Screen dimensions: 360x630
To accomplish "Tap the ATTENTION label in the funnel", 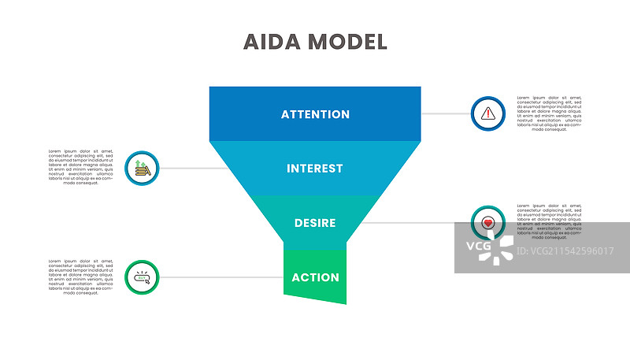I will click(315, 114).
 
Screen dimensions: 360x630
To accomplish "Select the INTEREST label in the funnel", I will click(315, 169).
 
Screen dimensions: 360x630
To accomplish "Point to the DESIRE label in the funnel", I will click(315, 223).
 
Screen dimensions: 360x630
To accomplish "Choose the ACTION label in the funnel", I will click(315, 277).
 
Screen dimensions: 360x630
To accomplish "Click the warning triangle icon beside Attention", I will click(488, 113).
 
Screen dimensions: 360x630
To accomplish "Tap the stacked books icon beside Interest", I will click(142, 168).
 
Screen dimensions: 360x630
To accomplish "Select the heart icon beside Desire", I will click(488, 223).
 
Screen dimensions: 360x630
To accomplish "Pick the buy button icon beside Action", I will click(142, 277).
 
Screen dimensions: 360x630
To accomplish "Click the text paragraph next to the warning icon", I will click(550, 113).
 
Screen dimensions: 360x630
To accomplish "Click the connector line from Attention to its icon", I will click(446, 113).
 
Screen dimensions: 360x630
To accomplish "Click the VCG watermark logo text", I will click(478, 246).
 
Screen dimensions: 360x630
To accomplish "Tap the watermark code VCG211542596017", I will click(567, 251).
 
